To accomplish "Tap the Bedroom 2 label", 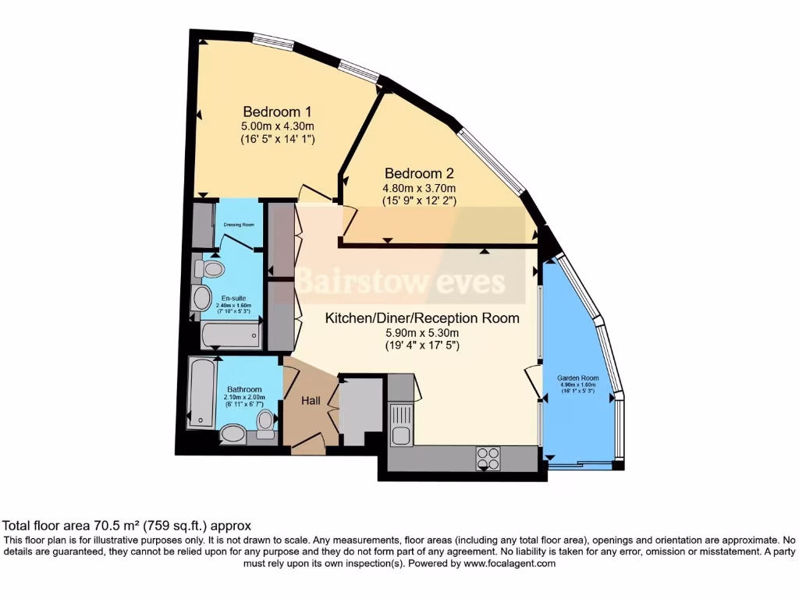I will (419, 173).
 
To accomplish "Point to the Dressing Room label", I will (239, 225).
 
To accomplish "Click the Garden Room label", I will (577, 377).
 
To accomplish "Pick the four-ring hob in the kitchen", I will (488, 457).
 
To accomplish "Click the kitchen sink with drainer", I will (402, 426).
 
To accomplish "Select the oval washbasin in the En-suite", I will (201, 298).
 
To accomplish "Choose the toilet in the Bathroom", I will (266, 421).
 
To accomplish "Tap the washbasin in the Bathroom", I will (232, 433).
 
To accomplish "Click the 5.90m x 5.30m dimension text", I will (422, 331).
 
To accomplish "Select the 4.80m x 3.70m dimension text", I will (419, 188).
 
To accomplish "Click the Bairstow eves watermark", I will (400, 282).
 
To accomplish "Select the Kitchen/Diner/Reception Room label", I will (422, 318).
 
